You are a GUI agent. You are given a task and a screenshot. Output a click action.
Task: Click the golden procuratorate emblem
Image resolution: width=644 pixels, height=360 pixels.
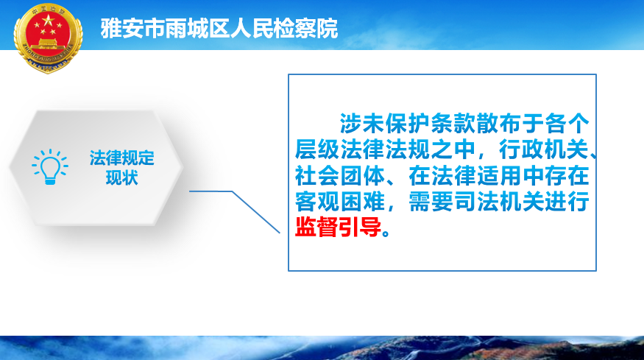point(48,38)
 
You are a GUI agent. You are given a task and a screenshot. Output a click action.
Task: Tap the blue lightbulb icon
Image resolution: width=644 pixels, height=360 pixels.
point(50,167)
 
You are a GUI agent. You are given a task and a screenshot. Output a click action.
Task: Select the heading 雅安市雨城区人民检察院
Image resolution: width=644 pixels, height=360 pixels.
point(219,29)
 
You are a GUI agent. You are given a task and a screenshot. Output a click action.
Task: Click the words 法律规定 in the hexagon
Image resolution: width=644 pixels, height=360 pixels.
point(122,158)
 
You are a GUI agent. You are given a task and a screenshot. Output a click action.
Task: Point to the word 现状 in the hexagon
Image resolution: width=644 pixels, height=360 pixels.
point(122,178)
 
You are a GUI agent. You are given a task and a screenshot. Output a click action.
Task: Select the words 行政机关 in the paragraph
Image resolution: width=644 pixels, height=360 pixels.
point(544,149)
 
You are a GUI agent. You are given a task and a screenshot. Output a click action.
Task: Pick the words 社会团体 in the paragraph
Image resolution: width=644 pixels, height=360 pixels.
point(340,175)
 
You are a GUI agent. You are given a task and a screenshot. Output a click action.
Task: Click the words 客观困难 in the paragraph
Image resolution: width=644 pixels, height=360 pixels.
point(340,202)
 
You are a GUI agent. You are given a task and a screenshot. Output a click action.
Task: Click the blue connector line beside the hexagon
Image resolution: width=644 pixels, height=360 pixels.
point(235,211)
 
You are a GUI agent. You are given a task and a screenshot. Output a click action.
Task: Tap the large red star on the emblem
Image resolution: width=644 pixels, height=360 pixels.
point(48,20)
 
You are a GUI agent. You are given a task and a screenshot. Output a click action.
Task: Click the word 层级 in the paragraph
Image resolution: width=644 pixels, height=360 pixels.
point(317,149)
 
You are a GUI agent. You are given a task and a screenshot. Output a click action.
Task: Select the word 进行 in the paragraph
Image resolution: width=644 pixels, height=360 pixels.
point(567,202)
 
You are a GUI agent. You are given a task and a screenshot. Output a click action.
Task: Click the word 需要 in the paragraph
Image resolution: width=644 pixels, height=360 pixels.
point(431,202)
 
